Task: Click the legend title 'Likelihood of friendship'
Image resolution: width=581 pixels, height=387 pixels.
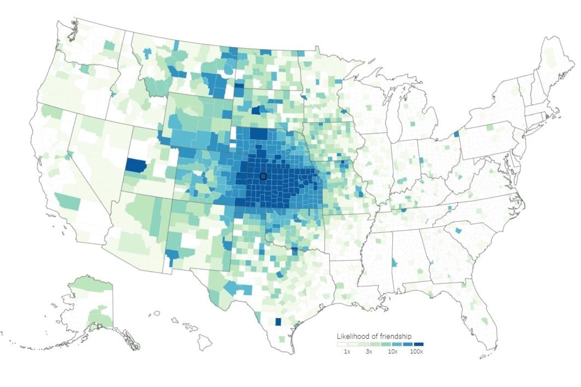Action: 374,336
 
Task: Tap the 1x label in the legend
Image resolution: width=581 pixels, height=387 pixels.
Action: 347,351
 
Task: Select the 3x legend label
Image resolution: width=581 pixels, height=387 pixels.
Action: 369,351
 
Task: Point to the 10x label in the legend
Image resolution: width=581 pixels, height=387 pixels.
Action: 392,351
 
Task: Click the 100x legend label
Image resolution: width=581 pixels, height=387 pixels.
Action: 417,351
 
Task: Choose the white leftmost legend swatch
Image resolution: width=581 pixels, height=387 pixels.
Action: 342,344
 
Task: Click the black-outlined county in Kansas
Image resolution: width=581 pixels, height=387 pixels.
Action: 263,176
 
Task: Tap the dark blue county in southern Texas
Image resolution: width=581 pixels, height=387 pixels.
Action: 278,322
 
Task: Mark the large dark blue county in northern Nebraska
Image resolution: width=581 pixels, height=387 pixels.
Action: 258,134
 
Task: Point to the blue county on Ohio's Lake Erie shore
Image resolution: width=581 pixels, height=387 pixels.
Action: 456,134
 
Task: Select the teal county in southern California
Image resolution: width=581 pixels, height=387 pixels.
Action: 68,201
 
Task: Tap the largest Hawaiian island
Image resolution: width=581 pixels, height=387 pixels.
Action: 204,342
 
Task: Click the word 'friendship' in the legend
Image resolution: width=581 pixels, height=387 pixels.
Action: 395,336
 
